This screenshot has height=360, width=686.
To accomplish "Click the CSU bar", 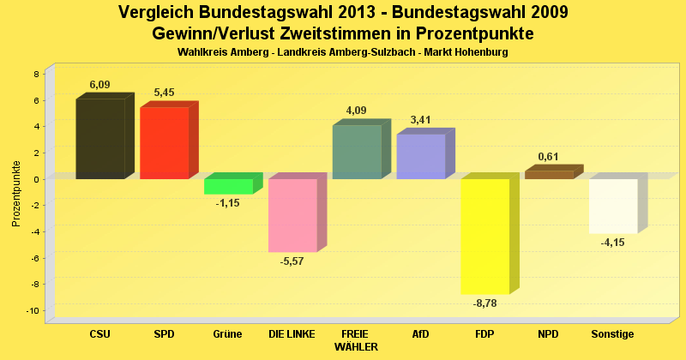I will pos(100,139).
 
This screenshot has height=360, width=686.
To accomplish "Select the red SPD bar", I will pos(164,142).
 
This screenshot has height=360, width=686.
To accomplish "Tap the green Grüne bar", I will pos(228,186).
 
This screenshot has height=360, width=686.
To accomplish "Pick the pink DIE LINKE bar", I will pos(292,215).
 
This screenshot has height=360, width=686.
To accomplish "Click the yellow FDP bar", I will pos(485,236).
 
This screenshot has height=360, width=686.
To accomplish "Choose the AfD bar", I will pos(421,157).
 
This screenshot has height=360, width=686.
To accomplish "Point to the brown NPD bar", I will pos(549,175).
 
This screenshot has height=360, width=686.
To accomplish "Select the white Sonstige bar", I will pos(613,206).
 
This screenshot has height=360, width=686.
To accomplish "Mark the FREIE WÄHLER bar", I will pos(357,152).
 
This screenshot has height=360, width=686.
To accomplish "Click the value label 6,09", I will pos(100,85).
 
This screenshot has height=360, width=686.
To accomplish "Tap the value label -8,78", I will pos(485,303).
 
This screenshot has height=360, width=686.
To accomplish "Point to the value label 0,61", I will pos(549,157).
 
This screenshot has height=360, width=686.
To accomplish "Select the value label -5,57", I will pos(292,261).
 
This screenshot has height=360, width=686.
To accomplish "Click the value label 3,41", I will pos(421,120).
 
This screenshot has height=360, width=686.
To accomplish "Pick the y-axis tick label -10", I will pos(33,310).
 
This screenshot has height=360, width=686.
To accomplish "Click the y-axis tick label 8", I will pos(37,74).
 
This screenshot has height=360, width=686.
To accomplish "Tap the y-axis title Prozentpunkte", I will pos(16,193).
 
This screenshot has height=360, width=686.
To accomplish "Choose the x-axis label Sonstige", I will pos(613,334).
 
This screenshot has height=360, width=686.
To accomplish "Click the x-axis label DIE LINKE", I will pos(292,334).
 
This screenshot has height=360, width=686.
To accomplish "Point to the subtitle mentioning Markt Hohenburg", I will pos(343,52).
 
